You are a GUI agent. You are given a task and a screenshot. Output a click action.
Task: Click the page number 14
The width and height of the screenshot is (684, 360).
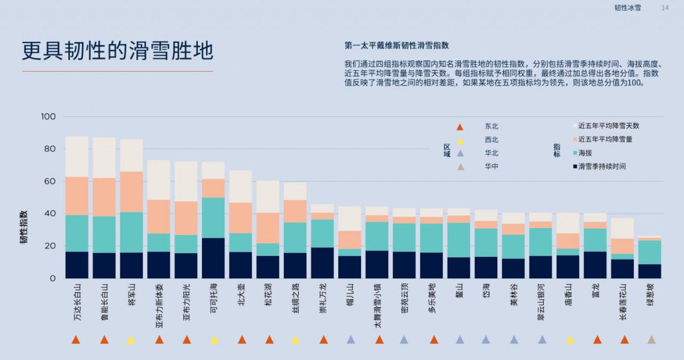(x=665, y=8)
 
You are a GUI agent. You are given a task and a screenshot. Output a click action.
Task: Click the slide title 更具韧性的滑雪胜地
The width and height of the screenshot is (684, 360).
(x=118, y=51)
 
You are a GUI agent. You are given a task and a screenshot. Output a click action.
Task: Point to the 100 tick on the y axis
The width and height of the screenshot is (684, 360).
(x=48, y=116)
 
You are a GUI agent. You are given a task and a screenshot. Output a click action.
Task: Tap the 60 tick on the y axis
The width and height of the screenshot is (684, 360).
(x=50, y=182)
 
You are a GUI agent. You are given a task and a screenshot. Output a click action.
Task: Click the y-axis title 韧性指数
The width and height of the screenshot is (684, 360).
(x=24, y=227)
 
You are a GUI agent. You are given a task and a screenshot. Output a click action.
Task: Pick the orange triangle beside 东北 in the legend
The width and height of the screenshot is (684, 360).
(x=460, y=127)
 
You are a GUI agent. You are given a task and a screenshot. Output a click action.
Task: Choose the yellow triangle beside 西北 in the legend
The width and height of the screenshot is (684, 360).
(x=460, y=140)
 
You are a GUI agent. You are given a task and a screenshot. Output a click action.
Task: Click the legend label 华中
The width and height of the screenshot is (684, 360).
(x=492, y=166)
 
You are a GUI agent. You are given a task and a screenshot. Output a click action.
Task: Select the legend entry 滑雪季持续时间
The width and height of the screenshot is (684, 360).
(x=602, y=167)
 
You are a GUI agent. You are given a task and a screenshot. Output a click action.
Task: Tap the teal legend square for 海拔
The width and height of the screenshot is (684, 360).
(x=575, y=153)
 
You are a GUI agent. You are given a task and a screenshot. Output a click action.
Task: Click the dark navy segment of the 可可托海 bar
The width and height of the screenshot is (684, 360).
(x=213, y=258)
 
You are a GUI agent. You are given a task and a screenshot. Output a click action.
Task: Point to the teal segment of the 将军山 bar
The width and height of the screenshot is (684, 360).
(x=131, y=232)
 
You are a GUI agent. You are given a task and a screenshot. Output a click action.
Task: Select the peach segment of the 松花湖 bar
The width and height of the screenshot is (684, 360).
(x=268, y=228)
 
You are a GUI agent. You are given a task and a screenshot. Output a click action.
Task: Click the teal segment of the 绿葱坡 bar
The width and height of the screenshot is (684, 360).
(x=650, y=252)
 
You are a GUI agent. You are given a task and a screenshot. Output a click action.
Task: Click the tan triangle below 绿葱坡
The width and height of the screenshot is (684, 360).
(x=651, y=340)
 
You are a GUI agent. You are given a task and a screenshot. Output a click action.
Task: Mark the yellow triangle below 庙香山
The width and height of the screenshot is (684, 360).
(x=570, y=340)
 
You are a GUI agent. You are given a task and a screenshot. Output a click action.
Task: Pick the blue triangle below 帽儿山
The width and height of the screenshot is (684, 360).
(x=351, y=340)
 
